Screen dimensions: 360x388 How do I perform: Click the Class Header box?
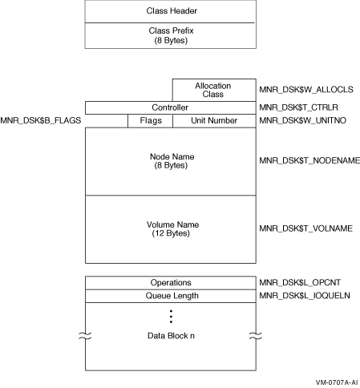[171, 11]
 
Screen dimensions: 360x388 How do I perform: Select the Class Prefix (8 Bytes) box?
[171, 35]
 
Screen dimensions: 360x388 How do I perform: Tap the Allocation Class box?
[214, 90]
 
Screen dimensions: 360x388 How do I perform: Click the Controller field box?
[171, 107]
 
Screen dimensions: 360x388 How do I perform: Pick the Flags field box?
[150, 121]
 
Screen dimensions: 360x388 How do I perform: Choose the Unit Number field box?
[214, 121]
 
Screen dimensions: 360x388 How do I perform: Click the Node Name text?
[172, 156]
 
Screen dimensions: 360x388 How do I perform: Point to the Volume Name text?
[172, 224]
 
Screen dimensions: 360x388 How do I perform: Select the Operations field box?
[171, 283]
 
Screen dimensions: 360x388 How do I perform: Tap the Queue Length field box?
[171, 296]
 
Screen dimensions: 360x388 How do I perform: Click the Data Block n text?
[171, 336]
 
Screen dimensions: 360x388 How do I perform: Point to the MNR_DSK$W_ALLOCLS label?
[306, 90]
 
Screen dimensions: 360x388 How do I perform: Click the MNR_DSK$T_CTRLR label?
[298, 107]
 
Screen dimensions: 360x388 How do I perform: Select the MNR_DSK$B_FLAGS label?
[41, 120]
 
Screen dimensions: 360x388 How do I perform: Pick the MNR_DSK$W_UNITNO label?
[302, 120]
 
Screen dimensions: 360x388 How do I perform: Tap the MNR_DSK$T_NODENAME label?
[309, 160]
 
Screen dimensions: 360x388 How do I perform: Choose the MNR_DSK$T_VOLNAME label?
[305, 228]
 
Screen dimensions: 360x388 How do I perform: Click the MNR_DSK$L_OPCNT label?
[300, 282]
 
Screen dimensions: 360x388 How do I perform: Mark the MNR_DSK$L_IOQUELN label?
[305, 296]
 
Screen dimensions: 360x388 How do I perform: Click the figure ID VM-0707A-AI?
[337, 382]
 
